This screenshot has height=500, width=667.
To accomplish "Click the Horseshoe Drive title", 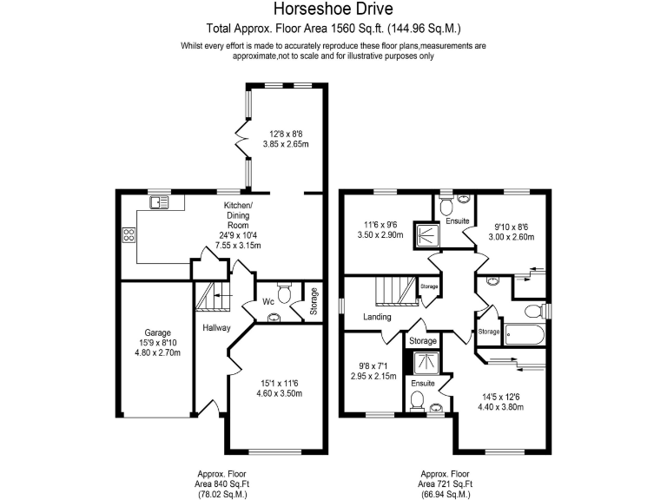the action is [x=333, y=10].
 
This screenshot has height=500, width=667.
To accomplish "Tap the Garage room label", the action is [x=157, y=332].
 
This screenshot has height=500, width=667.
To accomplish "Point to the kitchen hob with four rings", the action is [x=129, y=234].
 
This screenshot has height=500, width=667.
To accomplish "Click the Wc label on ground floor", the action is [x=270, y=302].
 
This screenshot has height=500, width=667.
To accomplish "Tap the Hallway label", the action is [x=215, y=328].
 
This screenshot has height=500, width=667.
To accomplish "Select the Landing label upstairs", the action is [x=377, y=318].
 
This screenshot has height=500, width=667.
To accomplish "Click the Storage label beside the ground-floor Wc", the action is [x=314, y=300].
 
